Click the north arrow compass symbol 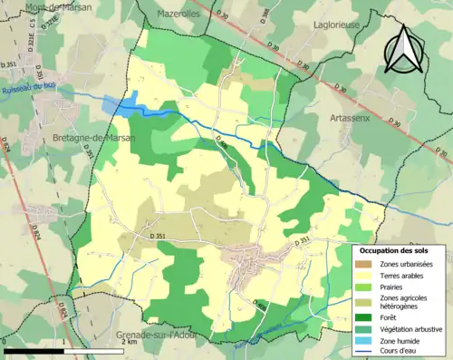401,50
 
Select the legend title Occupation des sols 400,250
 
